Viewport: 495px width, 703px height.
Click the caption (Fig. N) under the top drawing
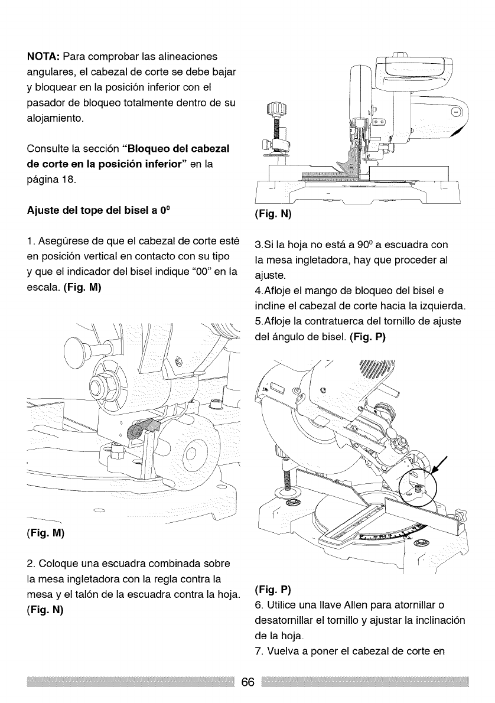(272, 213)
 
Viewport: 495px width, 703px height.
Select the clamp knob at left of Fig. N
(275, 109)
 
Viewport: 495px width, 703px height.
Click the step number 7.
(258, 651)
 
